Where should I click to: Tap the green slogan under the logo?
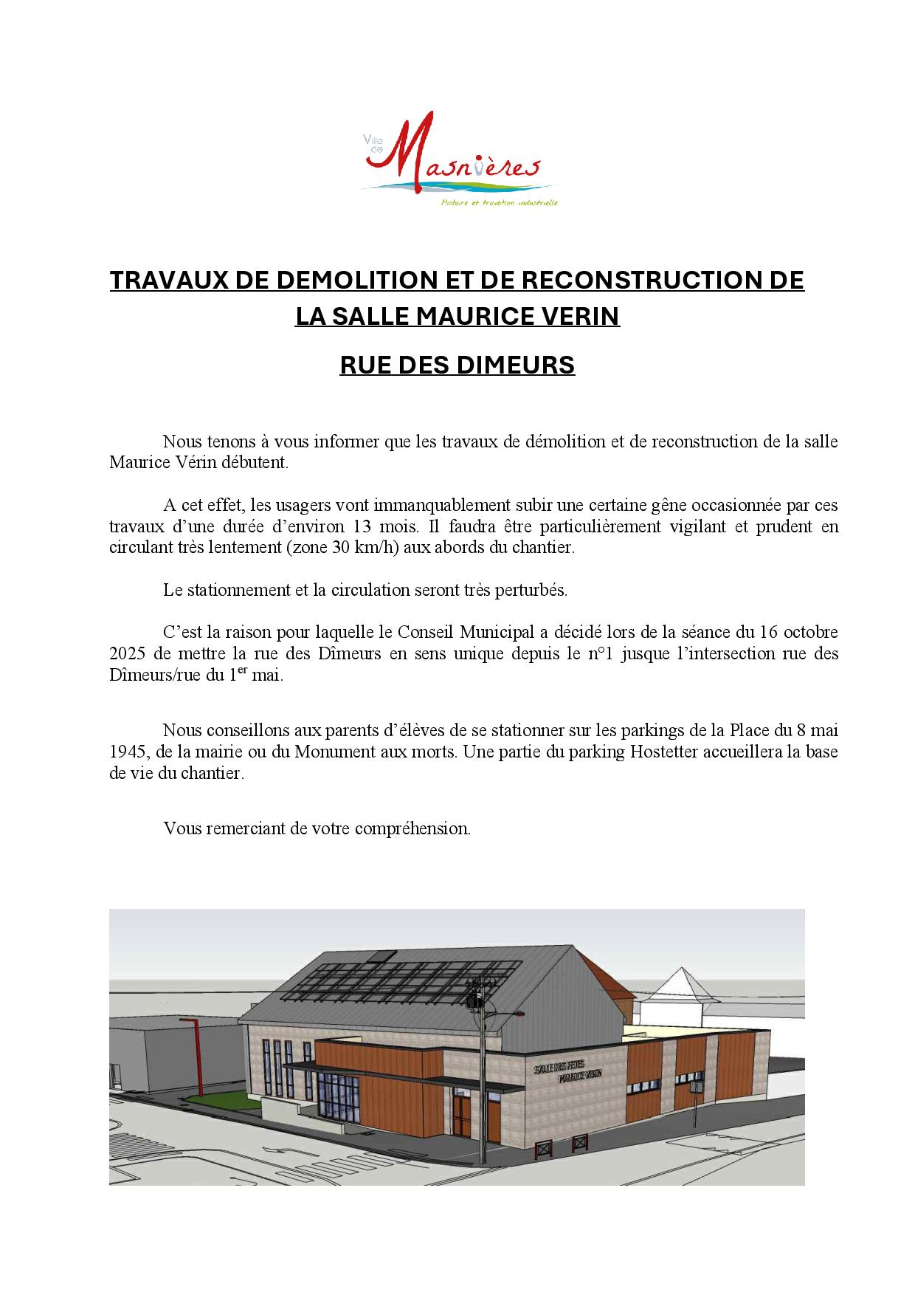[x=499, y=202]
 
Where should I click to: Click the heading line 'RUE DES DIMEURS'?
[x=457, y=365]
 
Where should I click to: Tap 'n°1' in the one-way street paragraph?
[x=601, y=654]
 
